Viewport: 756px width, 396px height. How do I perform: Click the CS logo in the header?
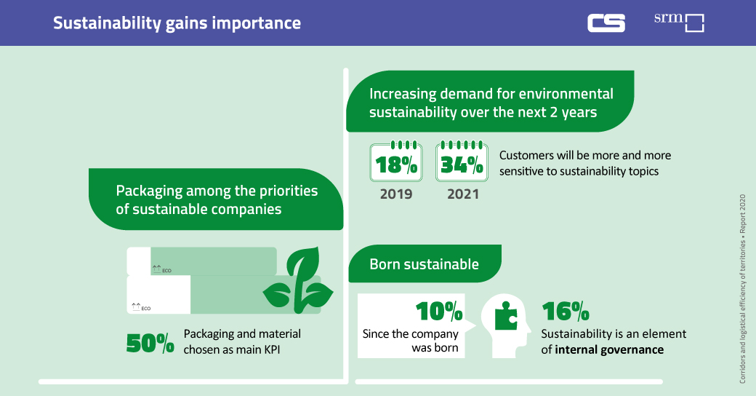click(606, 23)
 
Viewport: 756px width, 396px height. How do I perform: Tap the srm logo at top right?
click(679, 22)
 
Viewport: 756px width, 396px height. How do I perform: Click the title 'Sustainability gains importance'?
click(177, 23)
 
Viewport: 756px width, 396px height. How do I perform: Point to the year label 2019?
click(396, 194)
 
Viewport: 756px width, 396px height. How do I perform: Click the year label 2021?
click(462, 194)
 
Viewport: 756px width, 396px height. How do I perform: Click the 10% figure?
click(439, 312)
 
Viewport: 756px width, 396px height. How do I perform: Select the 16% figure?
click(566, 312)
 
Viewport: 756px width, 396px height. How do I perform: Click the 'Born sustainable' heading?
click(424, 264)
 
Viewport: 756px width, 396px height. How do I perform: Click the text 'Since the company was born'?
click(411, 341)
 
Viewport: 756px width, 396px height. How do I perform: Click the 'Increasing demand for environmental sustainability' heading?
click(491, 103)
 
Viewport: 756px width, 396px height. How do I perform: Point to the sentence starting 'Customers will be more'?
click(584, 163)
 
